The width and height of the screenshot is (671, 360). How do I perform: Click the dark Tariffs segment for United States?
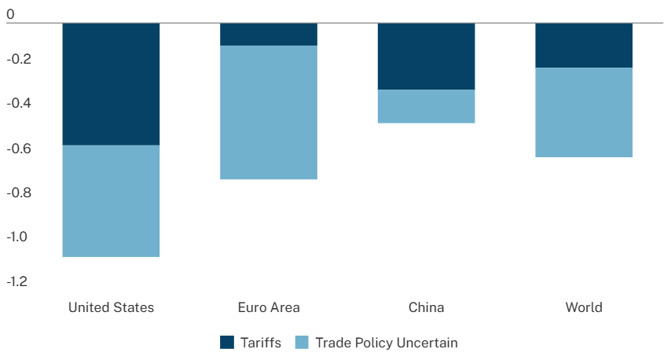(x=111, y=84)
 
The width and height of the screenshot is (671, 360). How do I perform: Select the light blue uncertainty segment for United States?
(x=111, y=201)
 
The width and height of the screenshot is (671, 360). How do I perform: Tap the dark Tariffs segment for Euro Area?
(x=269, y=35)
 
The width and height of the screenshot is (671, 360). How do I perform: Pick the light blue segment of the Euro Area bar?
(x=269, y=112)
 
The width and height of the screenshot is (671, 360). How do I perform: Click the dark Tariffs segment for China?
(x=426, y=57)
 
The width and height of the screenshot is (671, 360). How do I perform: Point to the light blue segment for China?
(x=426, y=106)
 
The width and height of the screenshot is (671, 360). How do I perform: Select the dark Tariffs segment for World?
(x=584, y=46)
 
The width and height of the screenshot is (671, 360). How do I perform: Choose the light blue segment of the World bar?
(x=584, y=112)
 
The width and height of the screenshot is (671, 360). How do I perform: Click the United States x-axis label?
(x=112, y=307)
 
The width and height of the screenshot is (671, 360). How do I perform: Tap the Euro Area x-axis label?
(x=269, y=307)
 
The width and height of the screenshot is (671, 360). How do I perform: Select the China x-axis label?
(x=426, y=307)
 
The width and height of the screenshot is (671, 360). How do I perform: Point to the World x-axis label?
(x=584, y=307)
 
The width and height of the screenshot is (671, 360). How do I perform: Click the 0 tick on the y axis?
(x=10, y=14)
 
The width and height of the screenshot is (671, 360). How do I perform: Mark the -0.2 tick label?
(x=18, y=59)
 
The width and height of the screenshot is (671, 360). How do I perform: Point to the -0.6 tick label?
(x=18, y=148)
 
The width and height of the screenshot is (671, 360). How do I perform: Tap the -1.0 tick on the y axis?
(x=18, y=237)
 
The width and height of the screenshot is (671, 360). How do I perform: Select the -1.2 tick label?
(x=18, y=281)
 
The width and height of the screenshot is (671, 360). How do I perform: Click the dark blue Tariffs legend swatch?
(x=228, y=343)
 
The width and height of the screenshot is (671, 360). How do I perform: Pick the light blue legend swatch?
(x=302, y=343)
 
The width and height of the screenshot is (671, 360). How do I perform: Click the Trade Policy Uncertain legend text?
(x=386, y=343)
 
